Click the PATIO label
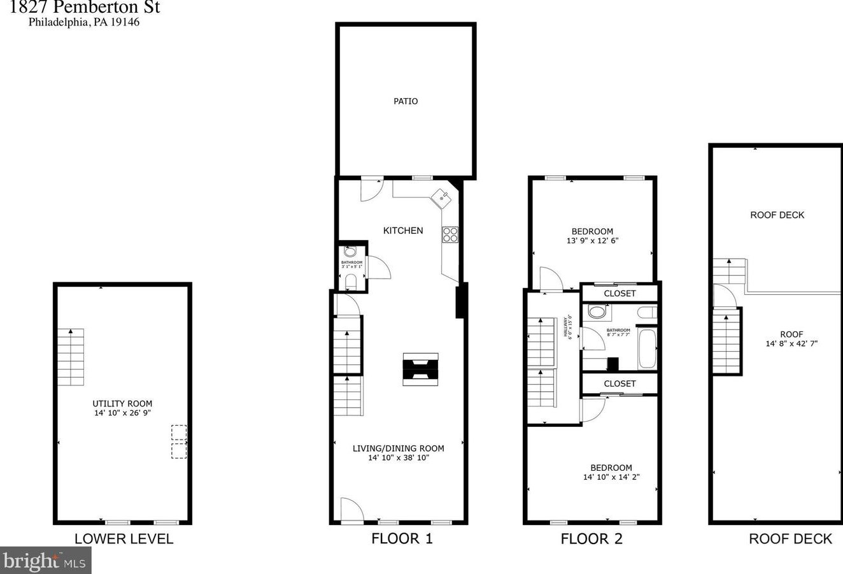(406, 101)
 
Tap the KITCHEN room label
(403, 231)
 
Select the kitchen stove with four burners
(450, 234)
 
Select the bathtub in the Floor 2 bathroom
(647, 348)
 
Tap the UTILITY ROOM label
(122, 403)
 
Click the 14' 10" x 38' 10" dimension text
(399, 457)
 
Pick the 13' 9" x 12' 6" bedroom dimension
(592, 241)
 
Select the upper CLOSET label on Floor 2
(620, 294)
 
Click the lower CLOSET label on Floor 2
(620, 384)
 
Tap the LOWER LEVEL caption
(124, 539)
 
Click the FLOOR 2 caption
(592, 539)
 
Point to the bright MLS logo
(45, 561)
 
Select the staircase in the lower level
(71, 357)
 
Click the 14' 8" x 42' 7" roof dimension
(791, 343)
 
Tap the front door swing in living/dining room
(351, 510)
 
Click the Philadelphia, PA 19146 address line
(83, 22)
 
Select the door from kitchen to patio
(371, 189)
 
